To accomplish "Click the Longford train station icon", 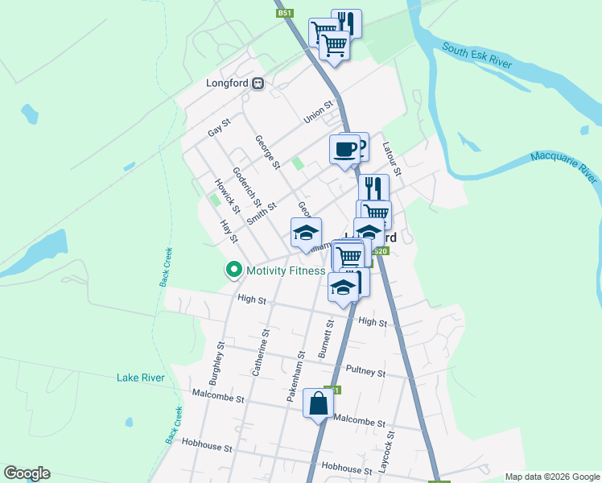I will (258, 83).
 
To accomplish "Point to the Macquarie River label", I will (564, 165).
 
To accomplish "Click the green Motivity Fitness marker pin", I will (234, 270).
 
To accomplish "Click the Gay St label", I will (219, 127).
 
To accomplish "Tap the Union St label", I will (319, 112).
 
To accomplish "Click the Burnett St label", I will (326, 339).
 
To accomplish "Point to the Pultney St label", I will (365, 371).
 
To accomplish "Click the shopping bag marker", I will (319, 402).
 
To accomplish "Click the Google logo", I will (27, 473).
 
